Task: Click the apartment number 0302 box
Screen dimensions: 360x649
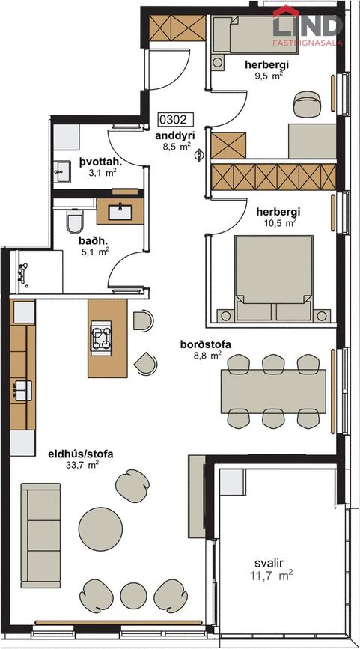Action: (176, 120)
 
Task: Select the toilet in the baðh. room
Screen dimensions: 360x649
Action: (75, 222)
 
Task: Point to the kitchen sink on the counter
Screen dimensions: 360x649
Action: (22, 390)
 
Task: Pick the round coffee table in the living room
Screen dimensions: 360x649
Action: (100, 529)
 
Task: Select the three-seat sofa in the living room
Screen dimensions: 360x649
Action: (40, 535)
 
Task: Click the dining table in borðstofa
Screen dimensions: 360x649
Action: (273, 391)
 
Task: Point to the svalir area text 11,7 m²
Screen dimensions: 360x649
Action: (272, 575)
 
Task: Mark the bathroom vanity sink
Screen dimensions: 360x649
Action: (120, 211)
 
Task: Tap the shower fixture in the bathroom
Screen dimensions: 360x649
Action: (23, 274)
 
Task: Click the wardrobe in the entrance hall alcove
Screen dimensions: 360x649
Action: (177, 28)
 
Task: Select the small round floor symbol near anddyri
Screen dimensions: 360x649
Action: (199, 155)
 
